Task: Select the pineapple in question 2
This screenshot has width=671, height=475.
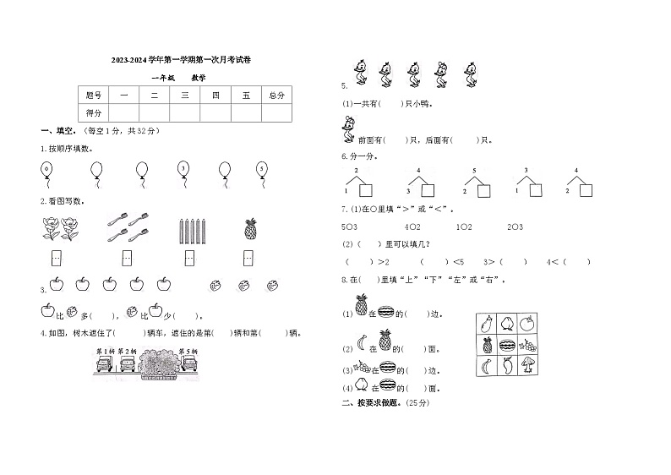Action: pyautogui.click(x=250, y=228)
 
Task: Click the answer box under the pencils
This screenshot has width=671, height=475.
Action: pyautogui.click(x=188, y=257)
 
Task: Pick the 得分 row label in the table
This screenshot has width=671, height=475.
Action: pyautogui.click(x=94, y=112)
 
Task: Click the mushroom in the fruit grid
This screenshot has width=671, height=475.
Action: pyautogui.click(x=529, y=366)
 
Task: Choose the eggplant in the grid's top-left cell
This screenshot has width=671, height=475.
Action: pyautogui.click(x=486, y=322)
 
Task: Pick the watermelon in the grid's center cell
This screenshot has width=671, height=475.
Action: pyautogui.click(x=508, y=345)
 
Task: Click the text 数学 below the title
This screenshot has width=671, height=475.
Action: pyautogui.click(x=198, y=78)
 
